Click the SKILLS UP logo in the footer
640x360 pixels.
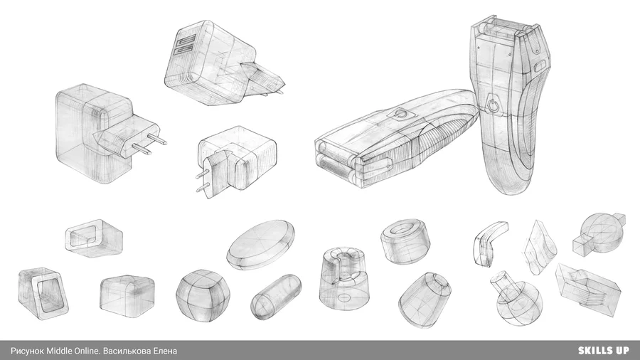pos(603,351)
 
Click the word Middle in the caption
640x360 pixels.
pos(59,351)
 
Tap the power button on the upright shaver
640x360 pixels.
pos(493,105)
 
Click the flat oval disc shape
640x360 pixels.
pos(260,245)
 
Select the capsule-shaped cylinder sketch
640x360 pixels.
pos(276,297)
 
